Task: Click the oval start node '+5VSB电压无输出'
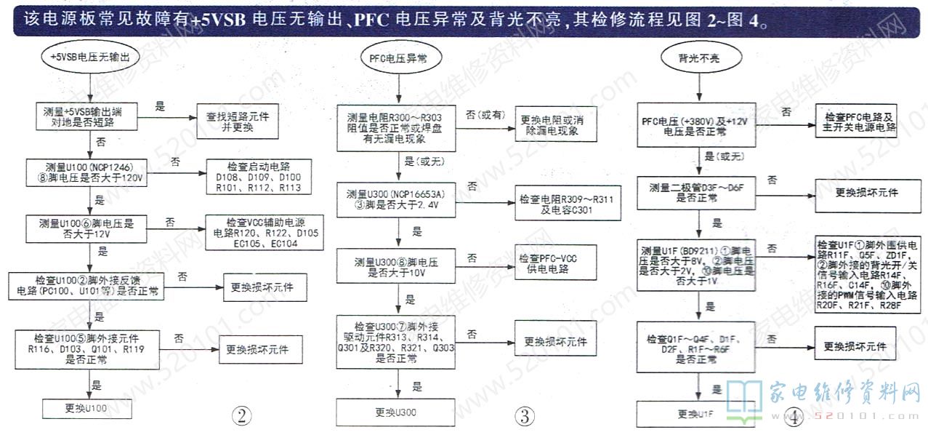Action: point(91,56)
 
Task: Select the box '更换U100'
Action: point(87,408)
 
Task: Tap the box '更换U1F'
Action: point(693,414)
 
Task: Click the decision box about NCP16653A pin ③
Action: point(396,199)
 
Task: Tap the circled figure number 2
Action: point(241,416)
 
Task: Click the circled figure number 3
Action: point(525,416)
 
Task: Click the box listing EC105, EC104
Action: point(265,233)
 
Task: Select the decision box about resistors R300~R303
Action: point(395,129)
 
